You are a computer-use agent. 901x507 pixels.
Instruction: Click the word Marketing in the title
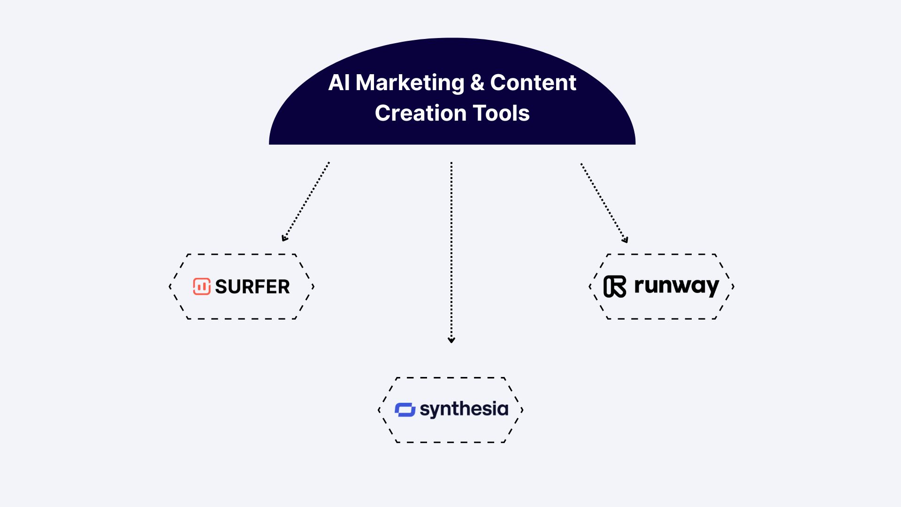coord(410,83)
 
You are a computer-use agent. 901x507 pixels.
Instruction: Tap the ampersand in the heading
coord(477,83)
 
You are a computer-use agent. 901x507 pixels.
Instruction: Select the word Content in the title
coord(533,83)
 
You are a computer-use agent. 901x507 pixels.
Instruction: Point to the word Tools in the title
coord(501,113)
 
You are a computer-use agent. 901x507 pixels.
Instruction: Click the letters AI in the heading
coord(339,83)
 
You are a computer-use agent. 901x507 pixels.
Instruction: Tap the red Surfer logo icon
coord(202,286)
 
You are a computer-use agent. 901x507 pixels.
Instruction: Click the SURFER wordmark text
coord(252,287)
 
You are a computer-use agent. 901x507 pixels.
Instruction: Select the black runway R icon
coord(615,286)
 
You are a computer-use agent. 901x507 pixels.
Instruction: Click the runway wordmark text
coord(676,286)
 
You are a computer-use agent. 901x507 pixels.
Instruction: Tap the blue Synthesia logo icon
coord(405,410)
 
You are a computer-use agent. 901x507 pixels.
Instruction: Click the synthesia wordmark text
coord(464,409)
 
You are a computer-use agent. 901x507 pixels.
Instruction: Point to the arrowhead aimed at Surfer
coord(284,238)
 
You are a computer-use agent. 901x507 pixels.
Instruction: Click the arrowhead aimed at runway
coord(625,240)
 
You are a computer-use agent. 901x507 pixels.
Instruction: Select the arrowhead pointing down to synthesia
coord(451,340)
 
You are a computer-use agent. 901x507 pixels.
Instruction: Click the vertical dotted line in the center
coord(451,249)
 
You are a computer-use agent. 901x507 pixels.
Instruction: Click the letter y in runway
coord(712,287)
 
